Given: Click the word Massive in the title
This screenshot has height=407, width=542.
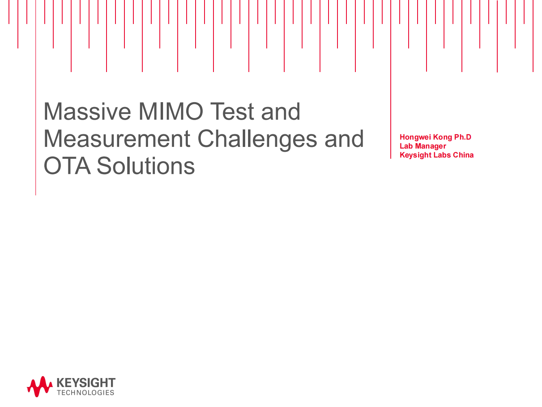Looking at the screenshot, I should (x=87, y=112).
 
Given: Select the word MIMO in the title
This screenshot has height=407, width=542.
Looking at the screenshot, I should (x=170, y=112).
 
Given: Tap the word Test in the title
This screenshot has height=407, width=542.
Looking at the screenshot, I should (x=232, y=112).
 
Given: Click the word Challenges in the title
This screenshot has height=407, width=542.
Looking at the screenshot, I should (x=257, y=139).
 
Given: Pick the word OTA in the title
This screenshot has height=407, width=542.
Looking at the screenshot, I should (x=67, y=166).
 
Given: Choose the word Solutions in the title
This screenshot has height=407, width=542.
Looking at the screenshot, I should (x=146, y=166).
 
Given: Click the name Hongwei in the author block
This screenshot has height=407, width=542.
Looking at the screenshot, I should (x=415, y=137).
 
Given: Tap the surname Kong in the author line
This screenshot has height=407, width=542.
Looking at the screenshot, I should (x=442, y=137).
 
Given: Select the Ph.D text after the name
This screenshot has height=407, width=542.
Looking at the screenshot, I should (x=463, y=137).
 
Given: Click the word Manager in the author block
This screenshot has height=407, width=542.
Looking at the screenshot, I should (x=431, y=146).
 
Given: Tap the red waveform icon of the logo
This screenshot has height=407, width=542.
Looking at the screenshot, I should (x=39, y=386).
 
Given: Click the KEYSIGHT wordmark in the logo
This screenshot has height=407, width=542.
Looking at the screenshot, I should (x=86, y=383).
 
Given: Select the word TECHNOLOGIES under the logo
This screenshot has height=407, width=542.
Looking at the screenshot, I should (x=85, y=393).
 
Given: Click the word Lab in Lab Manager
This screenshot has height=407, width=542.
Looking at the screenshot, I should (x=406, y=146).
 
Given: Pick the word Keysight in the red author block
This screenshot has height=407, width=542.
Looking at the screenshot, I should (x=415, y=155).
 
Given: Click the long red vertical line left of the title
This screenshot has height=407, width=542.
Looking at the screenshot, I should (x=36, y=122).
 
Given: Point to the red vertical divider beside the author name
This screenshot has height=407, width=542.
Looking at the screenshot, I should (x=391, y=122).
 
